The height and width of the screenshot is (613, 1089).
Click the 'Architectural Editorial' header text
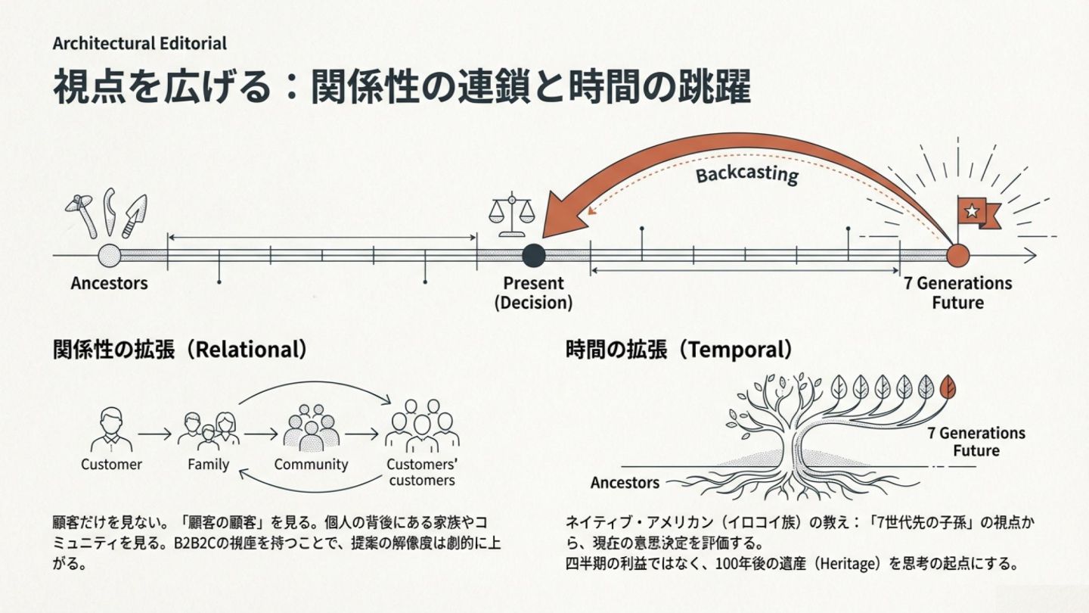[x=139, y=43]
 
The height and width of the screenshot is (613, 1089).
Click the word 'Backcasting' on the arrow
[x=746, y=174]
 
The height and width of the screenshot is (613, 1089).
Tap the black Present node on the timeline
[x=534, y=256]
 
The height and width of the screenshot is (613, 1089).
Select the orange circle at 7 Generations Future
[x=957, y=256]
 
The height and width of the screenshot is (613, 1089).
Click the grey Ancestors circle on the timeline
[x=110, y=256]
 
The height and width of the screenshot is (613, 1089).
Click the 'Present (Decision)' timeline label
[x=533, y=293]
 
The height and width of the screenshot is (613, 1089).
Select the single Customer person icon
[x=111, y=429]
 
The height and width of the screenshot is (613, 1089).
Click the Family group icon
[x=208, y=429]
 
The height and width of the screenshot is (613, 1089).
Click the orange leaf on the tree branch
[x=947, y=387]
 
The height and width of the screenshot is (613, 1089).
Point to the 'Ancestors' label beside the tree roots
[x=625, y=483]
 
